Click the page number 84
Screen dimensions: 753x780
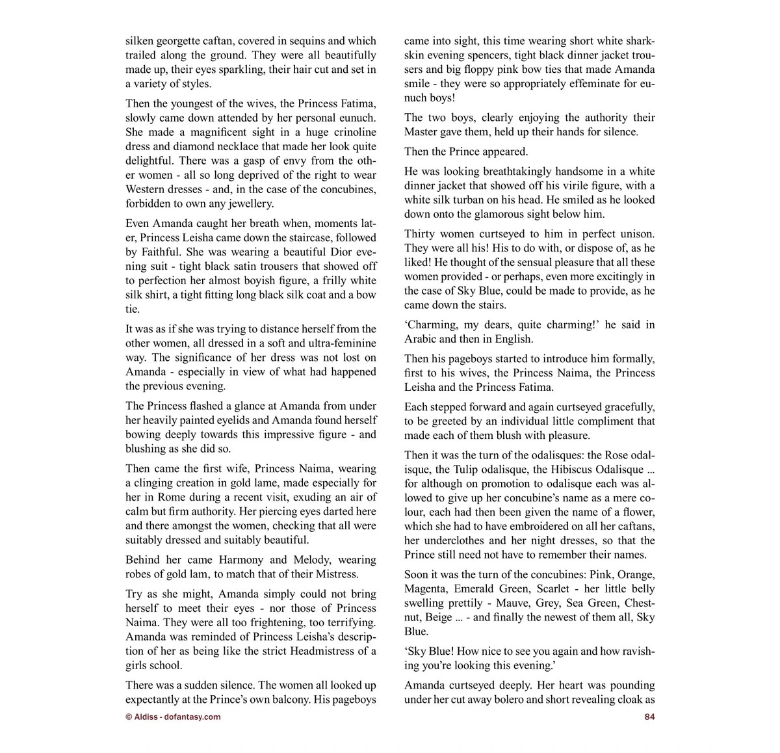tap(649, 717)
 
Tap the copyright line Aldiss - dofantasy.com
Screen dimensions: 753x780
tap(173, 717)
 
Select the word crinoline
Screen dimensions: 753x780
tap(352, 132)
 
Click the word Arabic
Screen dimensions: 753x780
tap(422, 339)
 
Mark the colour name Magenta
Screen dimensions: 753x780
tap(426, 589)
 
